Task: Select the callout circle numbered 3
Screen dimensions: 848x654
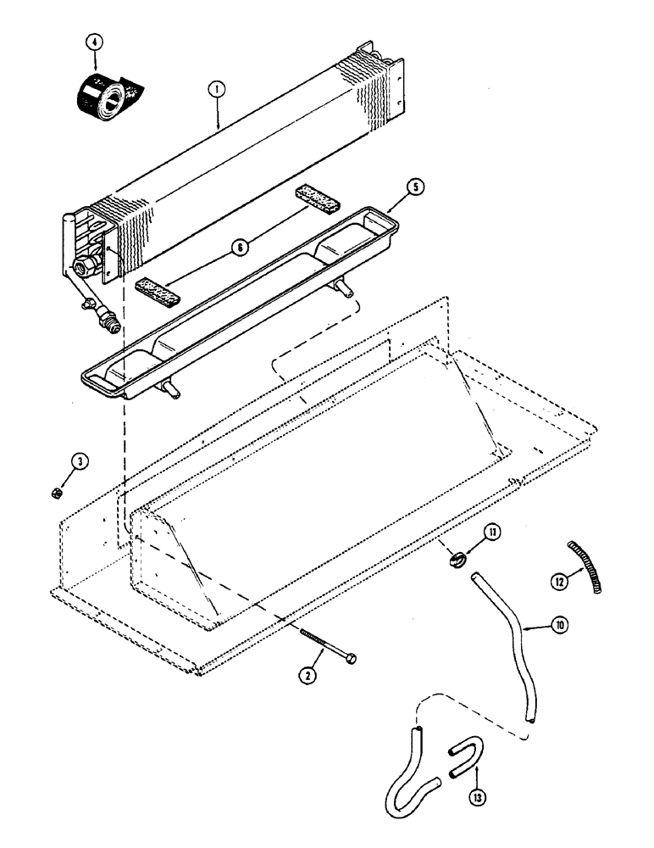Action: pyautogui.click(x=78, y=462)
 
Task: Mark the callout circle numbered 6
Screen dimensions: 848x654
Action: pyautogui.click(x=241, y=247)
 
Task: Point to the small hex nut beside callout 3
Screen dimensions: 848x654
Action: pyautogui.click(x=54, y=492)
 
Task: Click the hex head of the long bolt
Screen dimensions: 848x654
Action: pyautogui.click(x=350, y=659)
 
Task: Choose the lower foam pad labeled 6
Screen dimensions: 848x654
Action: pyautogui.click(x=159, y=290)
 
